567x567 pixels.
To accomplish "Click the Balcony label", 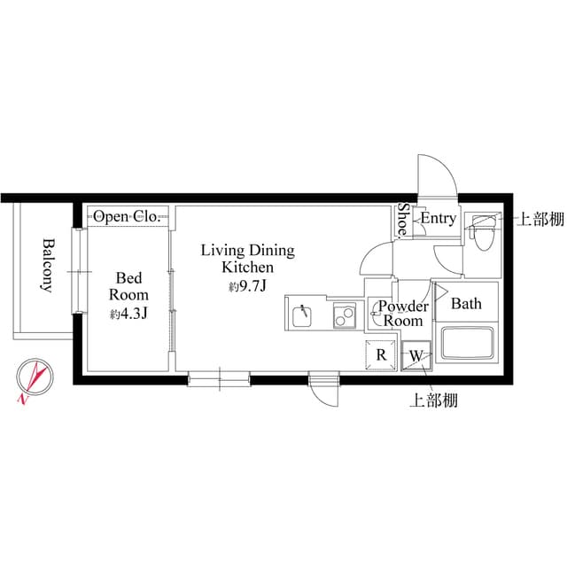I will click(x=47, y=265).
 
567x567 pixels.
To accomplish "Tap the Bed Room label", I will click(x=128, y=285).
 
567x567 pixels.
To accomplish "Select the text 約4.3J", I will click(x=129, y=313).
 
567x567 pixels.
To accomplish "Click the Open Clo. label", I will click(x=126, y=216).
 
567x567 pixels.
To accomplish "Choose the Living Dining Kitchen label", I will click(x=247, y=259).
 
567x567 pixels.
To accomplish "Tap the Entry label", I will click(x=438, y=218).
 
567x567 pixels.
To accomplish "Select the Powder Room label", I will click(x=403, y=315).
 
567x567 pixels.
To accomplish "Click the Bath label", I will click(x=467, y=304).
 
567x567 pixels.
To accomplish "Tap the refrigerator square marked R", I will click(x=381, y=355).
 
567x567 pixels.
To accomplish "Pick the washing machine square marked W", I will click(x=415, y=356).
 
